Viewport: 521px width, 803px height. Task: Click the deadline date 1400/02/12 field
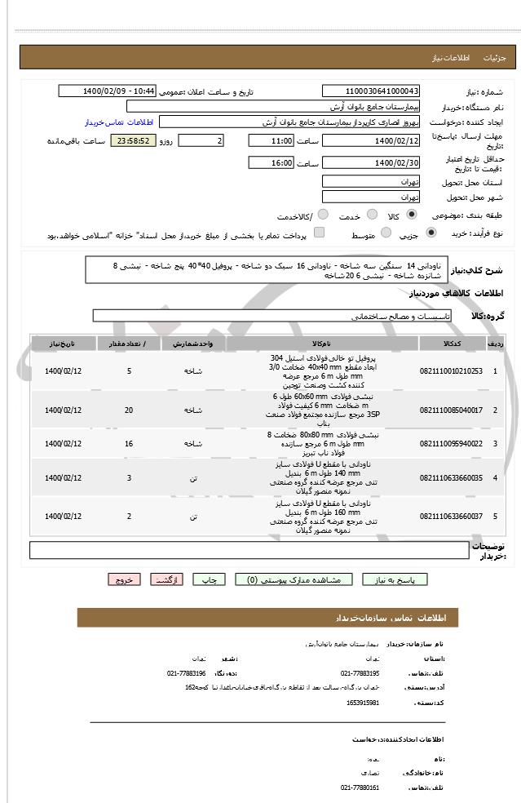[x=371, y=140]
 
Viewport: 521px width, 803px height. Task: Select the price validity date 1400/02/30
[x=371, y=163]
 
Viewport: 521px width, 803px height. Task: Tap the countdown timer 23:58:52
[x=132, y=141]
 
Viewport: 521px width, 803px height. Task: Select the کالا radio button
[x=411, y=215]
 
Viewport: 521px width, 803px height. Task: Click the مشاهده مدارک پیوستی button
[x=294, y=579]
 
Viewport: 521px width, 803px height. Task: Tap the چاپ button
[x=210, y=579]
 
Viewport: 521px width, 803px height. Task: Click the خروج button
[x=124, y=579]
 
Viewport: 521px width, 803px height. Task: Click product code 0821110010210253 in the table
[x=451, y=371]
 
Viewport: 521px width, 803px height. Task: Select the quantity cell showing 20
[x=129, y=410]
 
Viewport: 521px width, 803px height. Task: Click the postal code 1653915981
[x=362, y=702]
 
